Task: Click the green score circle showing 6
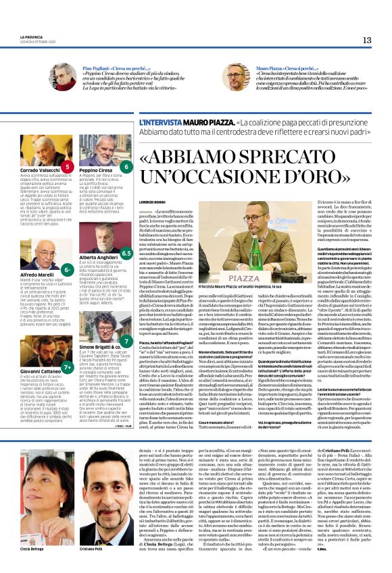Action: pyautogui.click(x=126, y=166)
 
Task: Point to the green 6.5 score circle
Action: pyautogui.click(x=126, y=254)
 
